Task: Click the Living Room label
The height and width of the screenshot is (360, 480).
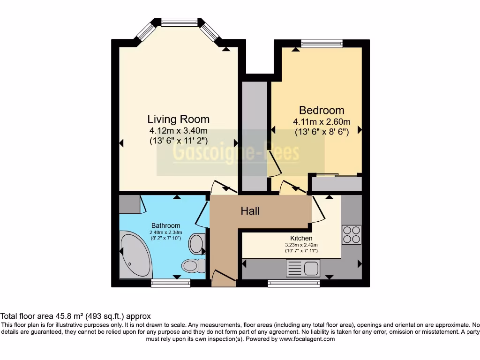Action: (178, 119)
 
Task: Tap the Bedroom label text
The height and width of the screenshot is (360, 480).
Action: (322, 111)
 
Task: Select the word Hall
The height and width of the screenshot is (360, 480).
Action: (250, 211)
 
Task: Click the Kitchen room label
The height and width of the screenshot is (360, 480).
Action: (301, 238)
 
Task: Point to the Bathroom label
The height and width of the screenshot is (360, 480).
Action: (165, 225)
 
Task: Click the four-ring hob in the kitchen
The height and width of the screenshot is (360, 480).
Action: (352, 234)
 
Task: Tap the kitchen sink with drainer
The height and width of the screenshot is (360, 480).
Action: (303, 269)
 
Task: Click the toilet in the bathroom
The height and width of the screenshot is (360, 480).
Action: (193, 266)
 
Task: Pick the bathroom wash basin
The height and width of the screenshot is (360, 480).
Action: (196, 244)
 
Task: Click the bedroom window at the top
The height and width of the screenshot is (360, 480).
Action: (322, 44)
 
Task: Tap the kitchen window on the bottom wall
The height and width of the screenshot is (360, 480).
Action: (294, 283)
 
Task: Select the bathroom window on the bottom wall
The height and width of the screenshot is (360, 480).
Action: (171, 283)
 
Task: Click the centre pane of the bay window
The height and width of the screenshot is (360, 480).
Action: (180, 22)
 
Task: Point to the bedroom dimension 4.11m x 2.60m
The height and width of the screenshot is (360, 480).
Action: (322, 122)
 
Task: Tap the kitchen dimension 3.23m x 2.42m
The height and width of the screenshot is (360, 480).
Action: (301, 245)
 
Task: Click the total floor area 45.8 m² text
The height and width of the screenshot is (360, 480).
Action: (75, 316)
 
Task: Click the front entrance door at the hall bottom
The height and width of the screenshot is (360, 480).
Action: (223, 278)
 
